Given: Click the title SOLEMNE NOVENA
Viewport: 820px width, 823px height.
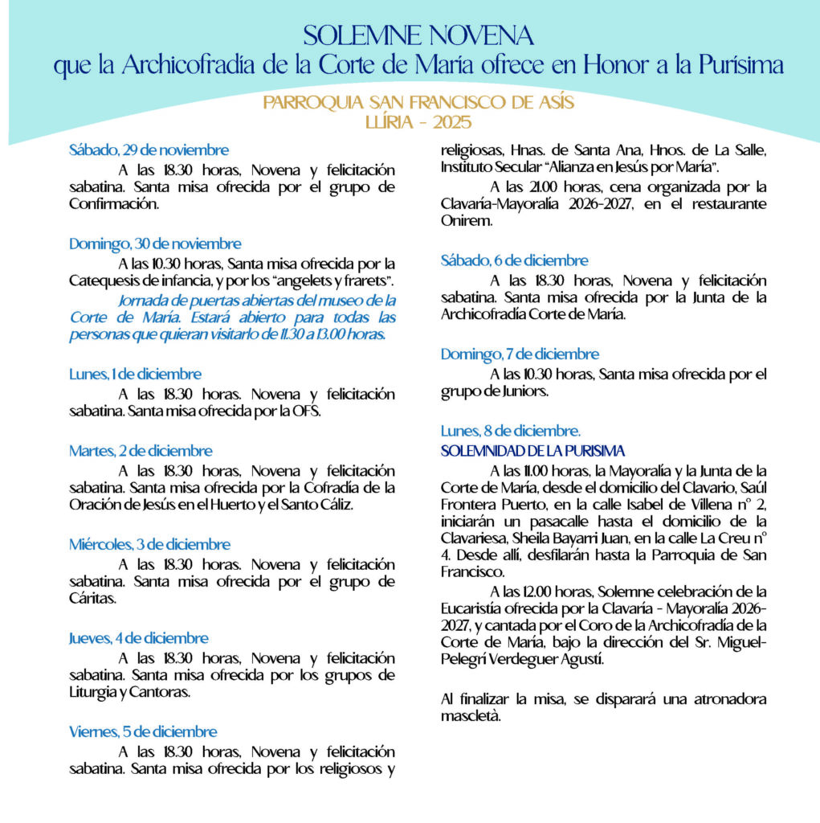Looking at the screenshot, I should pos(418,36).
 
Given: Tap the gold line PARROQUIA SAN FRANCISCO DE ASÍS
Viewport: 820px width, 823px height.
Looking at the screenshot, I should pos(418,104).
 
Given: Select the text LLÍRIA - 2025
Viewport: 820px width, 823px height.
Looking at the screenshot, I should pos(418,122).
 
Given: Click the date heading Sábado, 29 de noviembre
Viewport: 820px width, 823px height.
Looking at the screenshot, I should pos(149,150).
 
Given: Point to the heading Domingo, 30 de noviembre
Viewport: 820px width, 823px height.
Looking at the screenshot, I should pos(155,244).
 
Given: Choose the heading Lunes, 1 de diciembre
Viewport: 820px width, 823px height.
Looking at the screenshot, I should pos(135,374).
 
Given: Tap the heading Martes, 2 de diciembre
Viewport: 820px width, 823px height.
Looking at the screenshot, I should pos(141,451).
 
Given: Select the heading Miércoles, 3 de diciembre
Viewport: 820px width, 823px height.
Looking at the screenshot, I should pos(150,544).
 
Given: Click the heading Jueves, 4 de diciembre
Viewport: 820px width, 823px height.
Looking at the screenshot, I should pos(138,638).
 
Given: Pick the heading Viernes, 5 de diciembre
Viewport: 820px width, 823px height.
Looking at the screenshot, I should pos(143,731).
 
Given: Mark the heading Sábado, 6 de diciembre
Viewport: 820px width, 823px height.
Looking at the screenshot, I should pos(514,260).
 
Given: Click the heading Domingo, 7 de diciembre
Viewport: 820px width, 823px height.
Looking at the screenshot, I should pos(520,354).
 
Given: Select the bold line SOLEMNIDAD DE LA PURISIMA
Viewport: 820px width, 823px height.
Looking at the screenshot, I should pos(532,451).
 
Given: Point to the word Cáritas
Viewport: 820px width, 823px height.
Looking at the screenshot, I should pos(92,599).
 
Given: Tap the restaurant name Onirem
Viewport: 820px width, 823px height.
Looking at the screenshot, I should pos(466,221).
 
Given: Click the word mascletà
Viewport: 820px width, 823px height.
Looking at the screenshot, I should pos(471,716).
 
